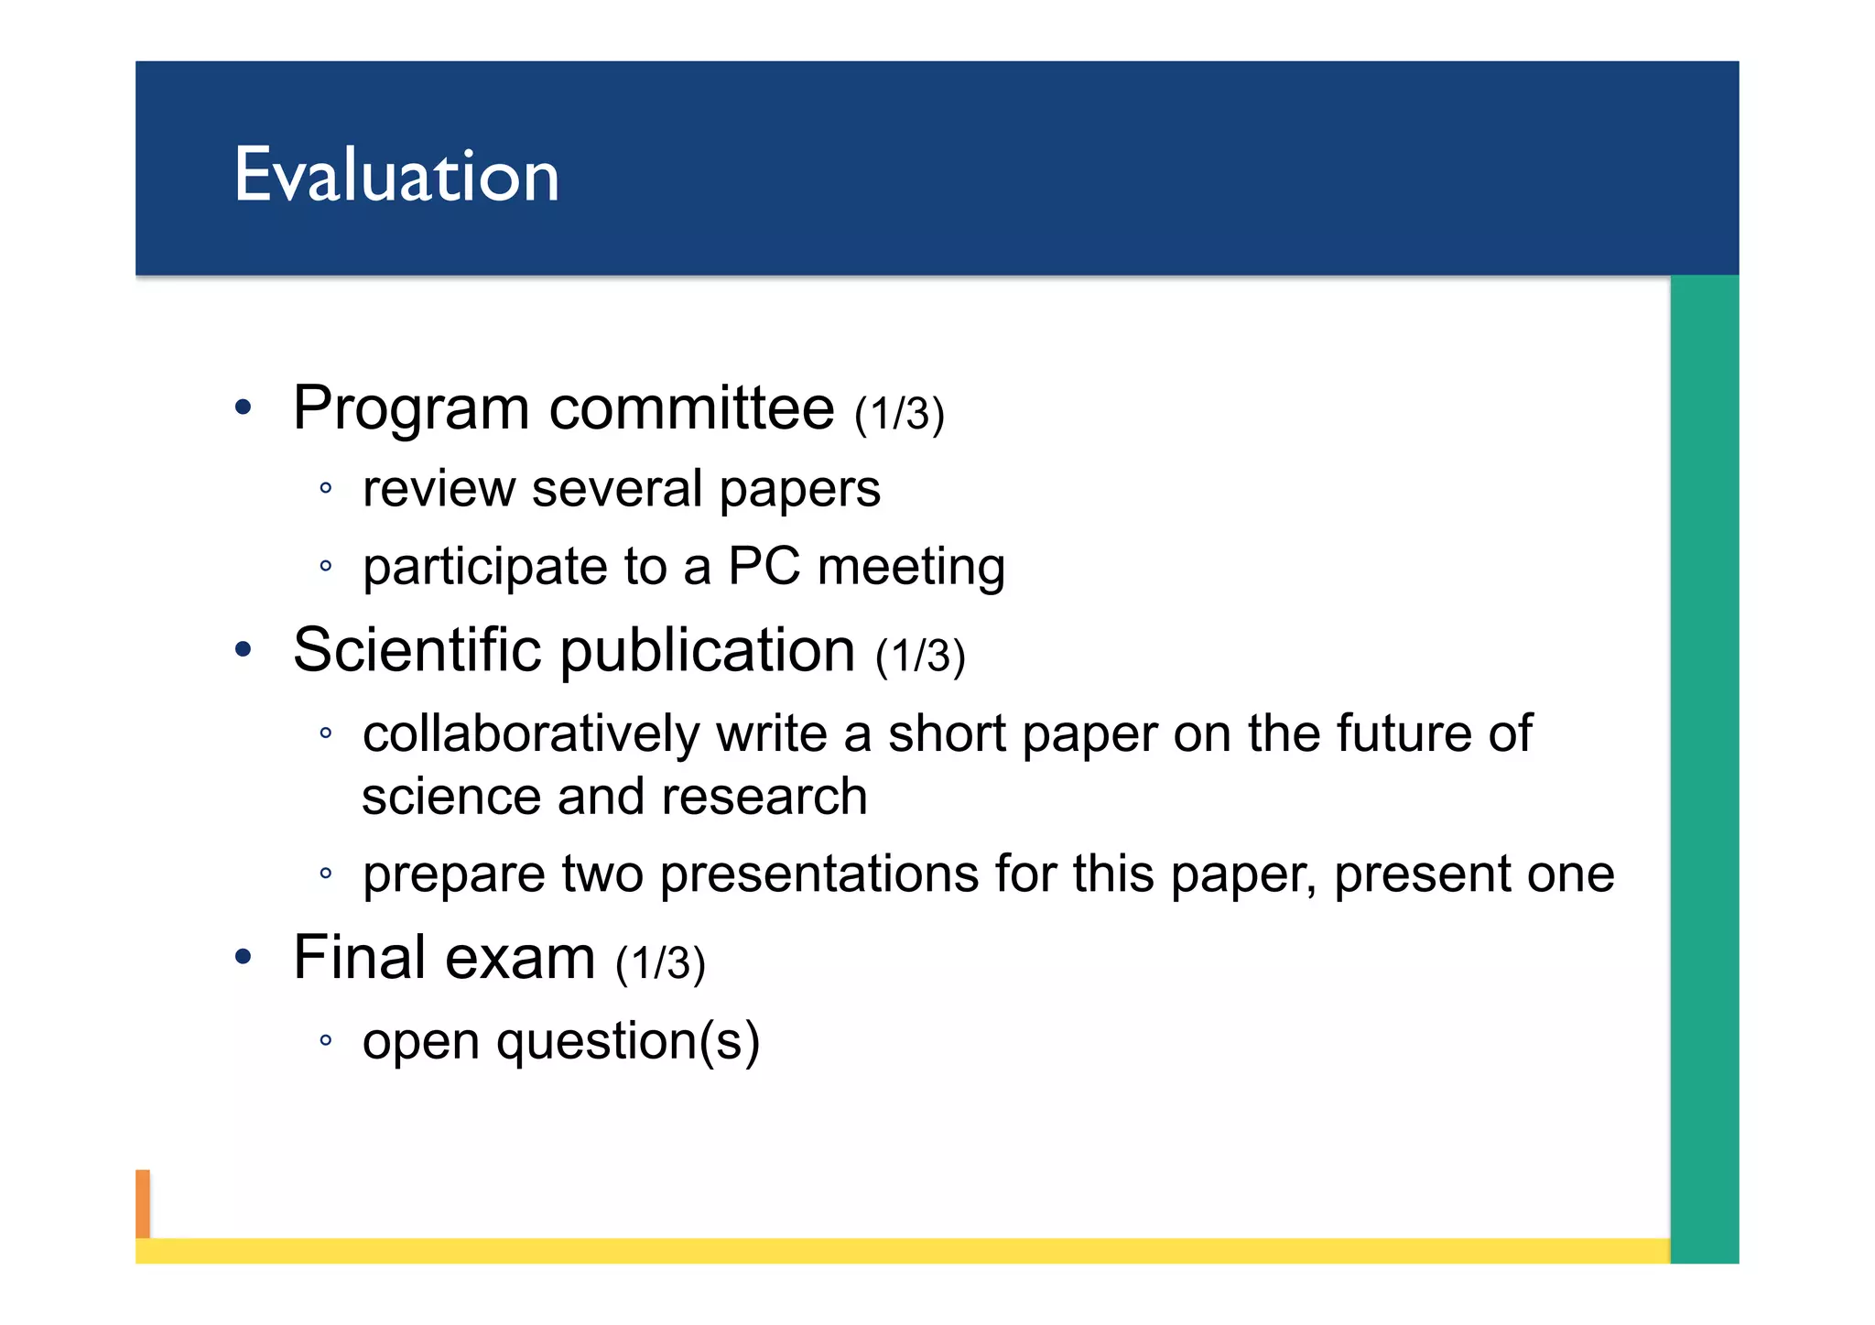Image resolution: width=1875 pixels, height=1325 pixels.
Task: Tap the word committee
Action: click(691, 408)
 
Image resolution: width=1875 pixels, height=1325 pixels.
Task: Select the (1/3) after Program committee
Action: click(898, 414)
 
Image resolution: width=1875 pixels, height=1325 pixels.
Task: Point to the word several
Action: click(616, 488)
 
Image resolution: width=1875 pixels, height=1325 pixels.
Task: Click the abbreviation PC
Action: click(764, 566)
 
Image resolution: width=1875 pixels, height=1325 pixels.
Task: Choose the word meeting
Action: click(911, 568)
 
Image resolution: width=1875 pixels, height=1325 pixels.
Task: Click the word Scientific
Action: click(417, 650)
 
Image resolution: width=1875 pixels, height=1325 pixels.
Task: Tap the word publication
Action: click(707, 652)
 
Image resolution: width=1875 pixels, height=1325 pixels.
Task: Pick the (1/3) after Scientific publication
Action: click(920, 657)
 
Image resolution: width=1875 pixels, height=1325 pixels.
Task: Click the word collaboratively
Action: click(531, 733)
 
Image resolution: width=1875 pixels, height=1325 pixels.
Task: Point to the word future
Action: click(1402, 733)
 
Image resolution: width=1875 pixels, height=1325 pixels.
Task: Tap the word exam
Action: click(520, 958)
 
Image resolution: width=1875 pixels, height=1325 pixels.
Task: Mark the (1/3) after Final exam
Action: click(660, 963)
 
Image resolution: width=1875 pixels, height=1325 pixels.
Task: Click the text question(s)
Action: click(627, 1042)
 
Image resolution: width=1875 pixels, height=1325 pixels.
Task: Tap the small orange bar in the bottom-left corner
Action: click(143, 1203)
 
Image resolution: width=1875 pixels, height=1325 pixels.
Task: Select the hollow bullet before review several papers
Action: click(325, 488)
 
